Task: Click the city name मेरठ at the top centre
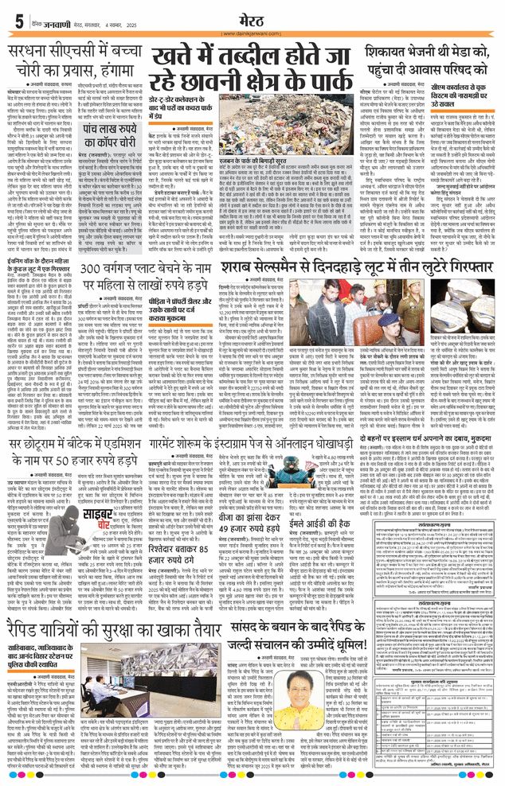pos(252,14)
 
